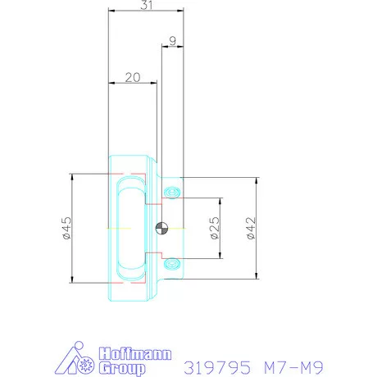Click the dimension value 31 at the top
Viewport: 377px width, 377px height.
[x=145, y=5]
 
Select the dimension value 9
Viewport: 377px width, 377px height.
[x=170, y=39]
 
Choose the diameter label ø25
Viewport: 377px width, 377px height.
[x=213, y=227]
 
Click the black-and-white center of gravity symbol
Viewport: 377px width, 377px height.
[x=161, y=228]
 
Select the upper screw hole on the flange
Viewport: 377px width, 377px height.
[x=172, y=192]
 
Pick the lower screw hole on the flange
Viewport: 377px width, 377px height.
[x=172, y=263]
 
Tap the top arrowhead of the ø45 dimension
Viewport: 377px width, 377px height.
[x=73, y=176]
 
